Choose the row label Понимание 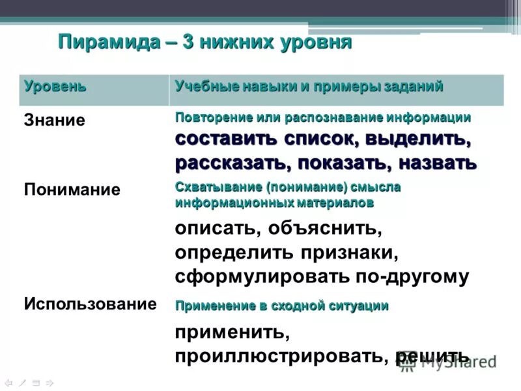pos(72,190)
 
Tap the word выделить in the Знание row pos(416,139)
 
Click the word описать pos(210,229)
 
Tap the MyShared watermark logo pos(449,360)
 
